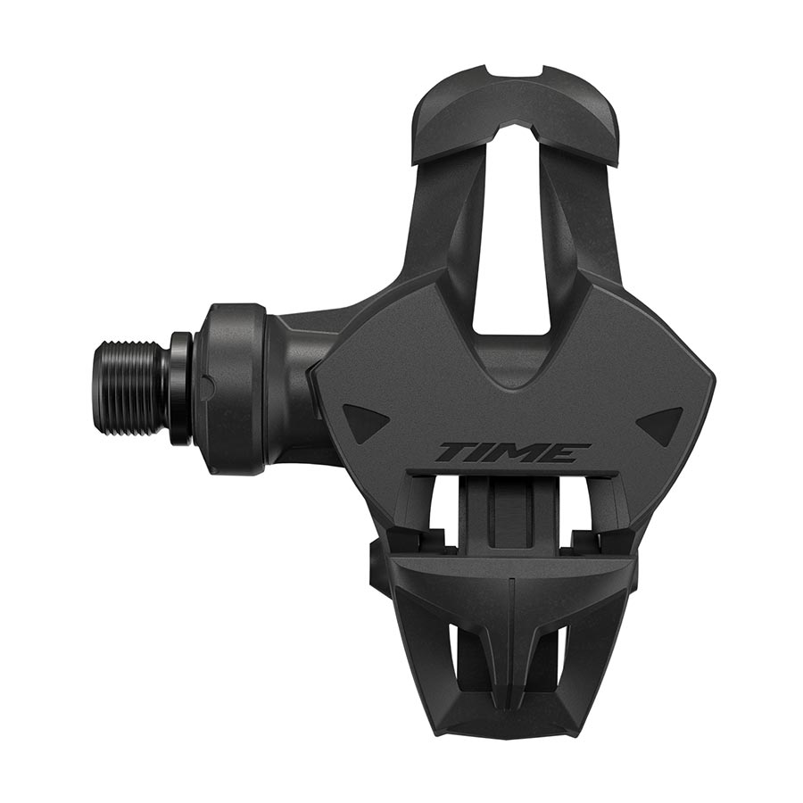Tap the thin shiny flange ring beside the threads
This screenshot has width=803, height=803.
180,387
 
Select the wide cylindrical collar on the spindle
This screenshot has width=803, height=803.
234,388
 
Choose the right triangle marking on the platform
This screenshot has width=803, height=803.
664,420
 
